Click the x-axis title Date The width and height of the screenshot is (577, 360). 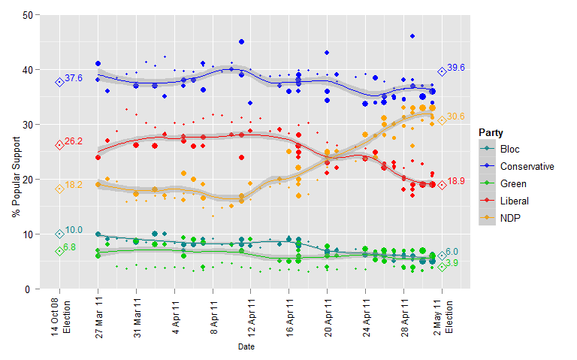pyautogui.click(x=246, y=346)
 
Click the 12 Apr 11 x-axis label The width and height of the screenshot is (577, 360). pyautogui.click(x=251, y=319)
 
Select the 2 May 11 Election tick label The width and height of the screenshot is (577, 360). pyautogui.click(x=443, y=319)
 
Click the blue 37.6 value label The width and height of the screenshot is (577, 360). pyautogui.click(x=74, y=78)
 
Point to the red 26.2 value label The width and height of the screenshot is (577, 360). pyautogui.click(x=74, y=141)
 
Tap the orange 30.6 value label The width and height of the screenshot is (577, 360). pyautogui.click(x=456, y=116)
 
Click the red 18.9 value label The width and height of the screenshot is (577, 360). pyautogui.click(x=456, y=182)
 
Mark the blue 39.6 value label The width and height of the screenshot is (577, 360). pyautogui.click(x=456, y=68)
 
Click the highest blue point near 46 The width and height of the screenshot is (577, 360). pyautogui.click(x=412, y=36)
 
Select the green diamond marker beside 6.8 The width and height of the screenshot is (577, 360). pyautogui.click(x=59, y=251)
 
